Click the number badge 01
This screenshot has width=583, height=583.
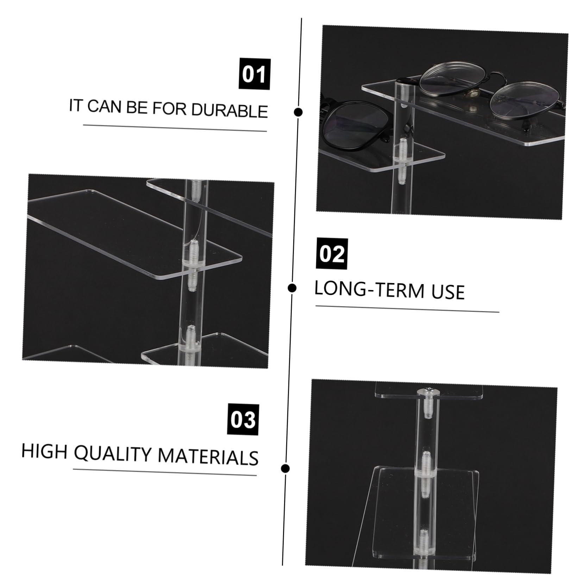coord(254,74)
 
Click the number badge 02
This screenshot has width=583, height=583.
coord(332,254)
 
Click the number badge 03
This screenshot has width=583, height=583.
coord(243,420)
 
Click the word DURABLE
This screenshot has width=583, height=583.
coord(230,111)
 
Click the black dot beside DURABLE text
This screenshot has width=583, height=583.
coord(298,112)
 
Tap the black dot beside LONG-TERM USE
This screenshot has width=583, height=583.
coord(292,288)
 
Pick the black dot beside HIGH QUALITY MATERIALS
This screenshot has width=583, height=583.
coord(286,468)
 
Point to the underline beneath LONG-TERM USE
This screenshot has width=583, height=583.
coord(407,309)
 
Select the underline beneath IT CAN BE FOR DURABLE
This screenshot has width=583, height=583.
coord(175,128)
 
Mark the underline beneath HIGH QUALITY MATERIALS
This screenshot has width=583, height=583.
coord(165,472)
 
